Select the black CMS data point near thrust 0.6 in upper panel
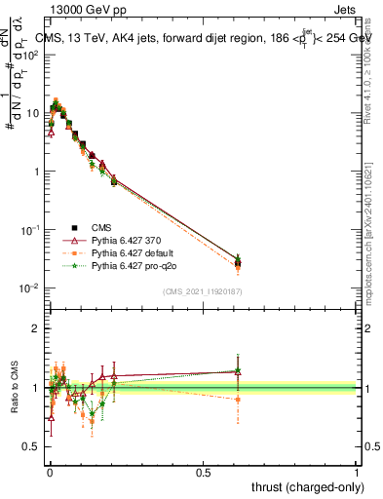[x=238, y=262]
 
